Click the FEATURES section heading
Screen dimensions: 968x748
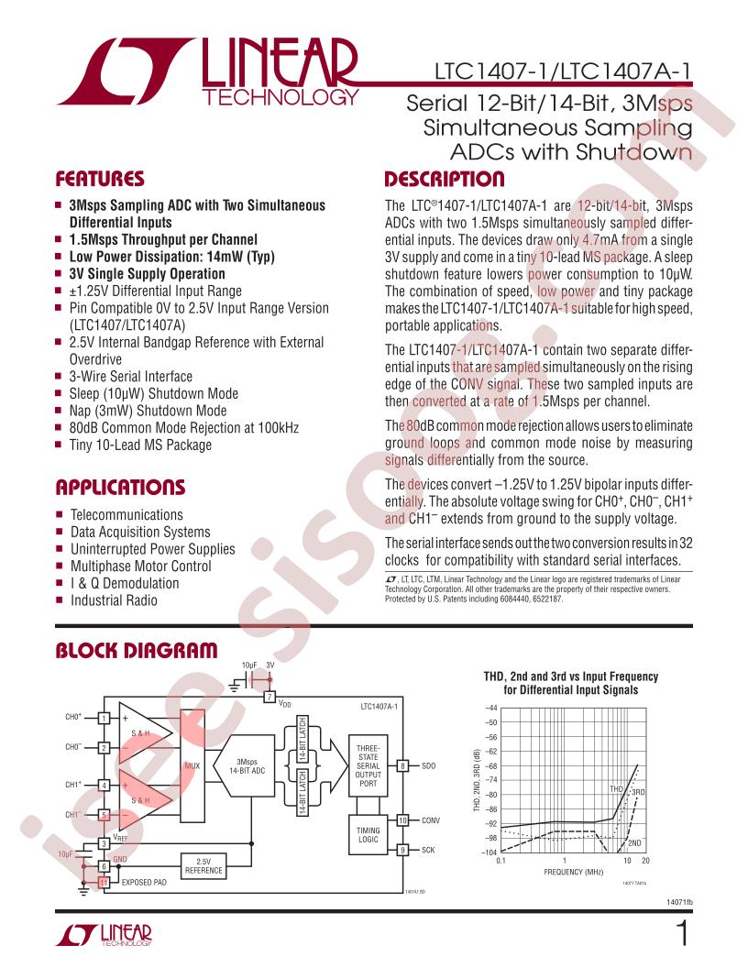click(x=100, y=178)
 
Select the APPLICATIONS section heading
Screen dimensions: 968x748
click(x=120, y=487)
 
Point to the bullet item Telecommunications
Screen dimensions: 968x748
click(x=126, y=515)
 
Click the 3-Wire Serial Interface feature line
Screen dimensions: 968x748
click(x=131, y=376)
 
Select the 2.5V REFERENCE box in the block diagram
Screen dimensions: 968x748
click(x=204, y=865)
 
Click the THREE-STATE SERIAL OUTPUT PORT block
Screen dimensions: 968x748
click(x=367, y=765)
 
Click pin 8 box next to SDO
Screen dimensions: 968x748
click(x=402, y=764)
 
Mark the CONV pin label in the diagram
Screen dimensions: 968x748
click(x=432, y=820)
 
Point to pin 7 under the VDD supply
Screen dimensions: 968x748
click(x=269, y=698)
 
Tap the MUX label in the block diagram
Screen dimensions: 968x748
click(x=192, y=764)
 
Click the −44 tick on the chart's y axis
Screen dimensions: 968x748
click(x=489, y=708)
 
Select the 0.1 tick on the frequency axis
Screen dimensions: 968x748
click(x=500, y=862)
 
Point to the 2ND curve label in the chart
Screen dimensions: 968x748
click(x=634, y=841)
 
